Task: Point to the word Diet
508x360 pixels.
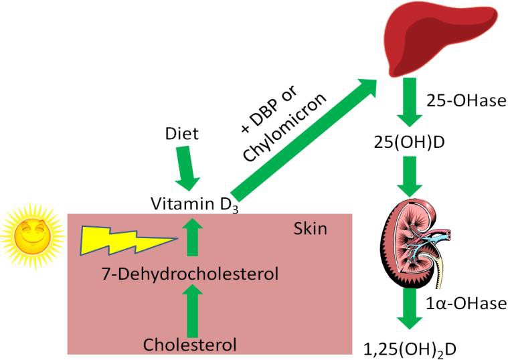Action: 181,134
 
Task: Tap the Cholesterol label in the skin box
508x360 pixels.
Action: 190,345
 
